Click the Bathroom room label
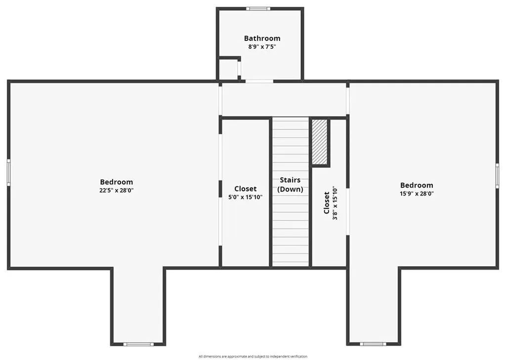pos(262,38)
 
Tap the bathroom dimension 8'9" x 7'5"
pos(262,47)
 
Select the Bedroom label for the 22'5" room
pos(116,182)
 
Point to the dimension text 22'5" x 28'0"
pos(116,191)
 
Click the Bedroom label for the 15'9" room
pos(417,185)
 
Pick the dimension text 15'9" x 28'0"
pos(417,194)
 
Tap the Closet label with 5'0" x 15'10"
pos(245,189)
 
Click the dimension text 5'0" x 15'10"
pos(245,197)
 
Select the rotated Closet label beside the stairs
pos(327,203)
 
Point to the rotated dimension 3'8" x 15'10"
pos(335,203)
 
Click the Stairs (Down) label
pos(290,185)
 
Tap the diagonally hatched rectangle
pos(320,142)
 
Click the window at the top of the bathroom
pos(258,8)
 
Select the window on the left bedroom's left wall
pos(8,172)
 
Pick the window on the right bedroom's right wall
pos(497,176)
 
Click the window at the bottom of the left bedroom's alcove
pos(138,344)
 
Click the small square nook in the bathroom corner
pos(228,70)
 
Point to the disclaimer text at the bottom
pos(253,356)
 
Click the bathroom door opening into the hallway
pos(259,81)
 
